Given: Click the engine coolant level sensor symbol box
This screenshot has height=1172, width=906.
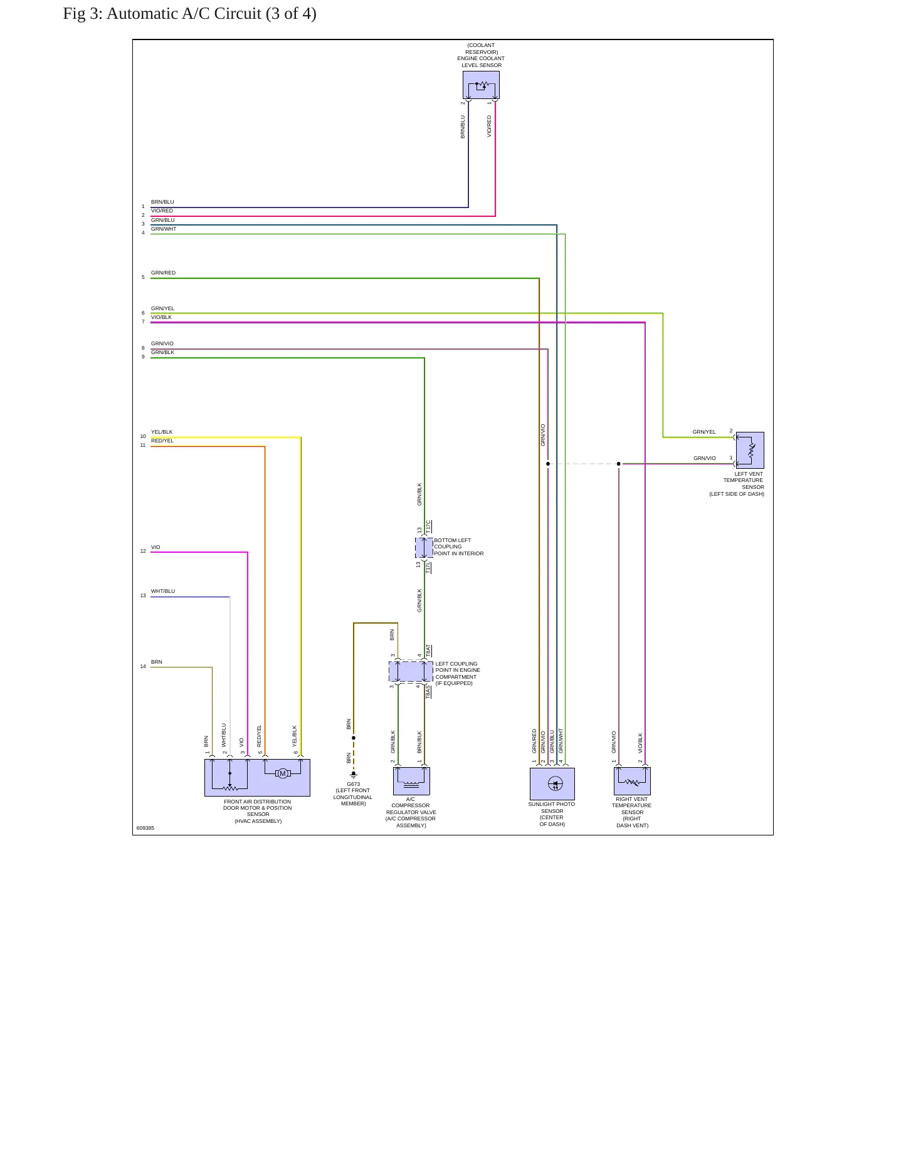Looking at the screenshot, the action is pos(481,85).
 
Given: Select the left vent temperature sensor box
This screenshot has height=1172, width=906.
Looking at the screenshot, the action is pos(750,450).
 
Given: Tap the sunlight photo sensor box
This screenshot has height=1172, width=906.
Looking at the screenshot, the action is pos(552,784).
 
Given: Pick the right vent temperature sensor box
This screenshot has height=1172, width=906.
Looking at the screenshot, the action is pos(632,781).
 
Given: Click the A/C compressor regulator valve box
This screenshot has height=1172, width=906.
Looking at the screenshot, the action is pos(411,781).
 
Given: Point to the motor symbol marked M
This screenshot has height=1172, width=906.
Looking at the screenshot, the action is pos(283,773).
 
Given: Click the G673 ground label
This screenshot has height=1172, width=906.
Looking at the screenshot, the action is pos(354,784).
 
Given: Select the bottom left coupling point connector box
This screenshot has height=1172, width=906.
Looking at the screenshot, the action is pos(424,548).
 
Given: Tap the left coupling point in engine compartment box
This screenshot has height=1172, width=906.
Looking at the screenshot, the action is pos(411,671).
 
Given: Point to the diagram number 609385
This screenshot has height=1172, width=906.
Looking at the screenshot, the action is pos(145,828).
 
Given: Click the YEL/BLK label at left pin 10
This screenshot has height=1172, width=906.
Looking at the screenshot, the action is pos(162,432).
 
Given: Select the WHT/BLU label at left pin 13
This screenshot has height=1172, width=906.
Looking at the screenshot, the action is pos(163,591).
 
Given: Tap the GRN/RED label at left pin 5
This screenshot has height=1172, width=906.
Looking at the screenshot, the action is pos(163,273).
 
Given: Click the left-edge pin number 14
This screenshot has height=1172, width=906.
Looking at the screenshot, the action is pos(143,666).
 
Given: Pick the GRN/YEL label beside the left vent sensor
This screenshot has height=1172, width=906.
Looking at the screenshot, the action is pos(704,432).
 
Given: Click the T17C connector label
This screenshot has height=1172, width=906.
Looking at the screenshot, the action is pos(429,527).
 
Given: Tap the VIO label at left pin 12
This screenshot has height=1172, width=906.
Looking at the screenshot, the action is pos(155,547).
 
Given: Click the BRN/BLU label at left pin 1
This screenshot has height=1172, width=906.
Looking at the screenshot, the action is pos(162,202).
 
